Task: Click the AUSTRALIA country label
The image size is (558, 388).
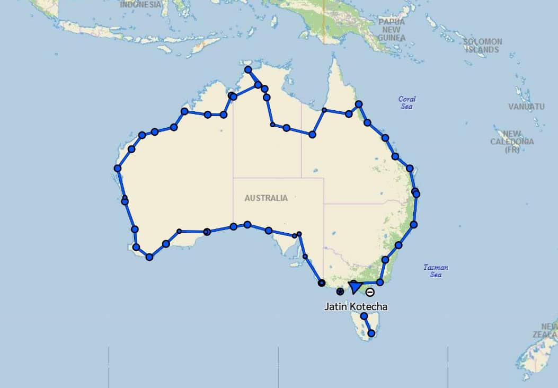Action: [266, 198]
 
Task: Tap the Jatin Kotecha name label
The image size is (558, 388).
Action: [356, 306]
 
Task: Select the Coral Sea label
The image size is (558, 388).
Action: [407, 102]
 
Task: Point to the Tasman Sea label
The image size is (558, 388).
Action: [436, 271]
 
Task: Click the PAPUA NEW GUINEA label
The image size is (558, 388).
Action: [392, 30]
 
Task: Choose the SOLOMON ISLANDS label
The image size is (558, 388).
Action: [482, 45]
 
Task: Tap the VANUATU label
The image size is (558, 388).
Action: [526, 107]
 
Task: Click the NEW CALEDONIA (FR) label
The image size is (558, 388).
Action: [512, 142]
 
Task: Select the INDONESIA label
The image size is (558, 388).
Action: [140, 5]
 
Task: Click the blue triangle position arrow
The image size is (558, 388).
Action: [355, 288]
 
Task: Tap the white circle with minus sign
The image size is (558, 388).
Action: [370, 292]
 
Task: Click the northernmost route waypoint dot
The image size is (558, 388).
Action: [247, 69]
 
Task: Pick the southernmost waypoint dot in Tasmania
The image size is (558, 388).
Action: [371, 333]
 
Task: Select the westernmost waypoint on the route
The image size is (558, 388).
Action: [118, 169]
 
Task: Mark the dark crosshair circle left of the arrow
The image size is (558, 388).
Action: [340, 291]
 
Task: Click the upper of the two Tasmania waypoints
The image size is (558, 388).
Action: [364, 316]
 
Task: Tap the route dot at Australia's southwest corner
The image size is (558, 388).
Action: [149, 257]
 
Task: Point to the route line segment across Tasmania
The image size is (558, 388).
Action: [368, 325]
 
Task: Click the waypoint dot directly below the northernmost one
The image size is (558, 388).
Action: [258, 85]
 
